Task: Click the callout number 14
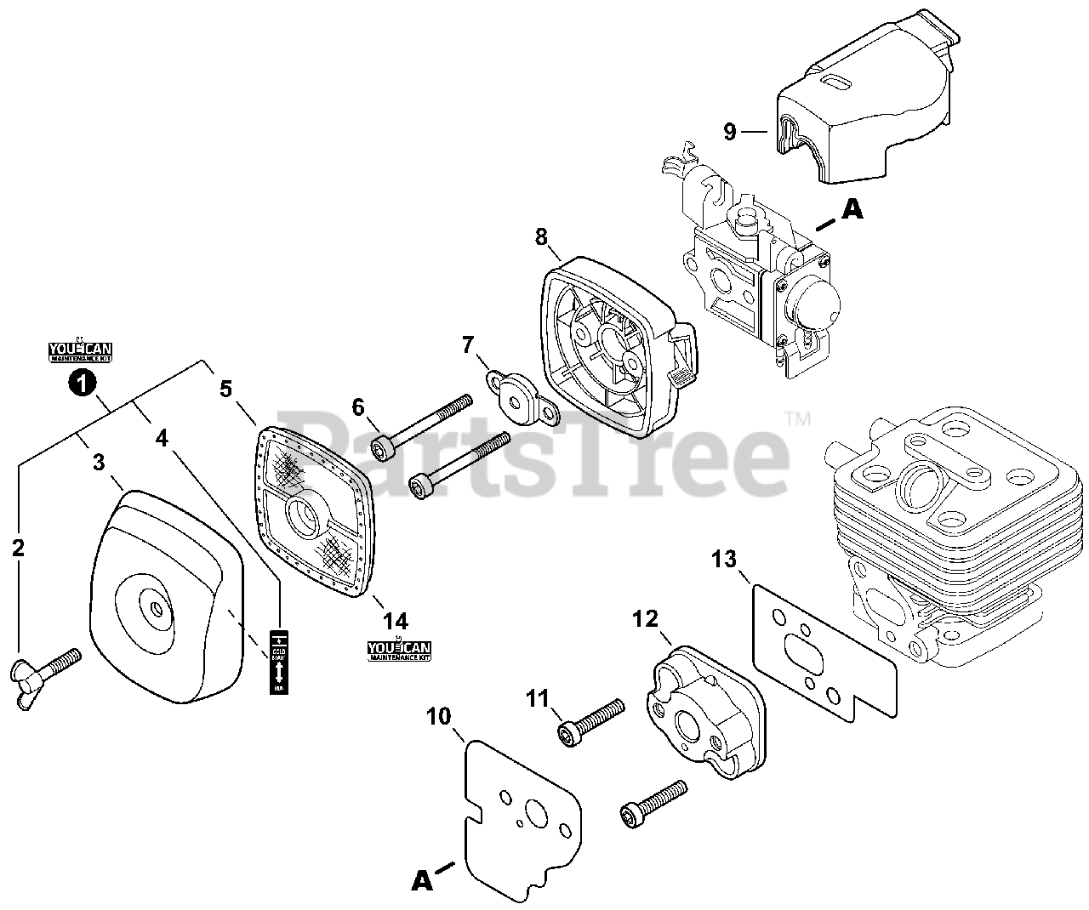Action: point(396,622)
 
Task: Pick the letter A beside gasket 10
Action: point(421,881)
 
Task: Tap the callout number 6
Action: point(357,407)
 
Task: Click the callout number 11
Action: point(538,700)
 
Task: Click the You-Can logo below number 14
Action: point(400,651)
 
